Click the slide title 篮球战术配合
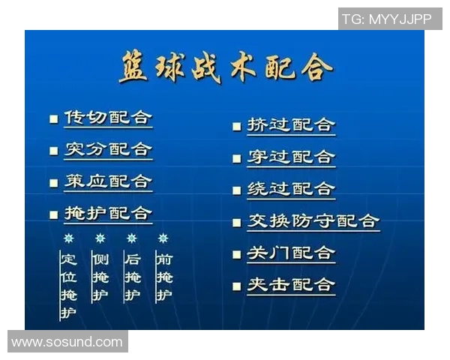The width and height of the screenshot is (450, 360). click(225, 69)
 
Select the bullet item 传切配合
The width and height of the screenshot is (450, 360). click(108, 118)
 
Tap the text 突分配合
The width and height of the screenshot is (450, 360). click(108, 149)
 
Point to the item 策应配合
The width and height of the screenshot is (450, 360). click(108, 181)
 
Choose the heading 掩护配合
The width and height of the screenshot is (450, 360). click(108, 213)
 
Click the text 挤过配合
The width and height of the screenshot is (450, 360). click(291, 125)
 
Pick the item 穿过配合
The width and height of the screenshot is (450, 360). click(291, 157)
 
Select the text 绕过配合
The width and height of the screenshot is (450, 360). click(291, 189)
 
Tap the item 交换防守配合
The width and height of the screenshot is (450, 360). click(313, 221)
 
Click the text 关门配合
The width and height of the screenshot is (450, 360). click(291, 253)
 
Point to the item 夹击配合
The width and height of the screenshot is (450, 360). click(291, 285)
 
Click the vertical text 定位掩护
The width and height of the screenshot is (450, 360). click(68, 286)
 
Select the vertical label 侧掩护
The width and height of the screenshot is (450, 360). click(100, 277)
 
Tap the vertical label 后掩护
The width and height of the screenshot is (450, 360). click(132, 277)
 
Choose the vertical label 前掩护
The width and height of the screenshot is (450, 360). click(163, 277)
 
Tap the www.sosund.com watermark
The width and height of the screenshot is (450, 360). click(67, 342)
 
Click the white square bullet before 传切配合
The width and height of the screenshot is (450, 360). click(53, 119)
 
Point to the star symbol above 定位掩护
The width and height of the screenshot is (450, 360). click(68, 238)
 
